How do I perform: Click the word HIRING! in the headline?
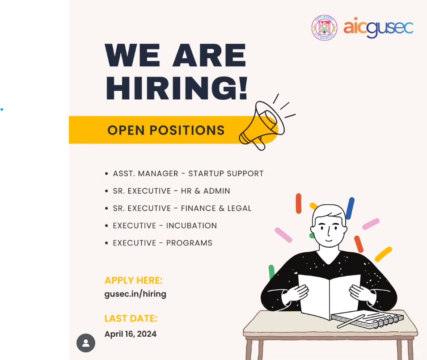coord(177,88)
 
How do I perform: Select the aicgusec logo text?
coord(378,27)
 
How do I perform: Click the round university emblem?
coord(324,28)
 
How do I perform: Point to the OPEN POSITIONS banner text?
coord(166,130)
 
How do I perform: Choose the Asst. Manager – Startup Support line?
coord(188,174)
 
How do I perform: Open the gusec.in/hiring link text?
coord(135,294)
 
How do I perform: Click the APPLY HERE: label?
coord(133,280)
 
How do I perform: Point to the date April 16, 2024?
coord(131,334)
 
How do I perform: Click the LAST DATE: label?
coord(131,318)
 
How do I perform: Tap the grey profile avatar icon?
coord(86,343)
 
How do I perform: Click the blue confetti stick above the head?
coord(350,208)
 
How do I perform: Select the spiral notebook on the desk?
coord(368,319)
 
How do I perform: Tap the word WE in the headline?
coord(132,55)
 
